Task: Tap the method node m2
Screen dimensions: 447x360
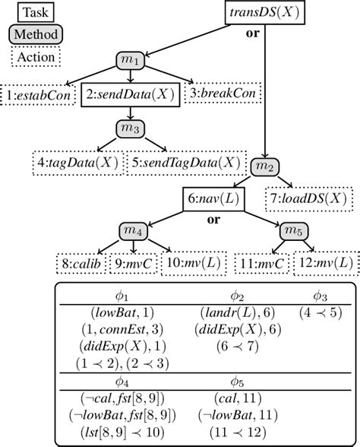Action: tap(264, 166)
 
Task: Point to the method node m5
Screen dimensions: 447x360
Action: tap(291, 230)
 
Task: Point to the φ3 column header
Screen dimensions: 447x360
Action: tap(321, 295)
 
